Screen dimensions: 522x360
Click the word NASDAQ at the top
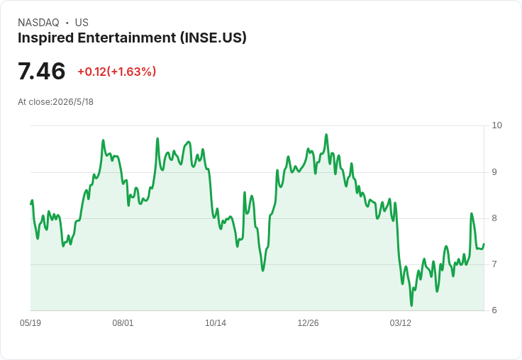(x=38, y=23)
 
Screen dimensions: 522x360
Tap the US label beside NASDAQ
(x=82, y=23)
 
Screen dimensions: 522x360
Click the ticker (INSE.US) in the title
(x=213, y=38)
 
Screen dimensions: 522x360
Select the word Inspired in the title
(x=46, y=38)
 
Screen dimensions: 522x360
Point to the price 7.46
(x=41, y=71)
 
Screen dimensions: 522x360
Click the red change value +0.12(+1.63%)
(x=117, y=72)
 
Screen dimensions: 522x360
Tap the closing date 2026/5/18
(x=73, y=102)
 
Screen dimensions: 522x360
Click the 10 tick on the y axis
(x=496, y=125)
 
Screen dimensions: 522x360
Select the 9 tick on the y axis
(x=494, y=172)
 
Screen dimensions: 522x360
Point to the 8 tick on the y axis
(x=494, y=218)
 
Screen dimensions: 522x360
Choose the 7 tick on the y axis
(x=494, y=264)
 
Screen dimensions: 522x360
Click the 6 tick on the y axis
(x=494, y=310)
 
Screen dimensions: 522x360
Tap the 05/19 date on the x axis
(x=30, y=323)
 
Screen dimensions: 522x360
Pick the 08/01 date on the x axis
(x=123, y=323)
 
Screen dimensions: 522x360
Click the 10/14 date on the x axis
(x=216, y=323)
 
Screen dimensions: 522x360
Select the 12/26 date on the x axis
(x=308, y=323)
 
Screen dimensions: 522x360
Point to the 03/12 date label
(x=401, y=323)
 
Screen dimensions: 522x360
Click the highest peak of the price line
(x=326, y=135)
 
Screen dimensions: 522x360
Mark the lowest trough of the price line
(x=411, y=305)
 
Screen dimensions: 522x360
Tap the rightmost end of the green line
(x=484, y=244)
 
